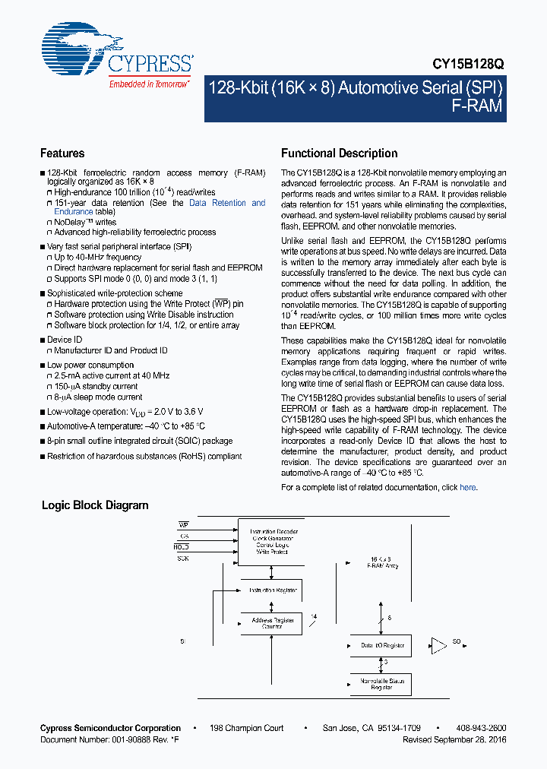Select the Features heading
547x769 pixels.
tap(62, 153)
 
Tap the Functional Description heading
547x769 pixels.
tap(339, 153)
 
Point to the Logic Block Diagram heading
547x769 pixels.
tap(95, 505)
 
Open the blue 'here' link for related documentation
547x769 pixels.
tap(468, 487)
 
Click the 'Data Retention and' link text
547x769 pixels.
tap(227, 203)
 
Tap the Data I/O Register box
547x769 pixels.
tap(383, 646)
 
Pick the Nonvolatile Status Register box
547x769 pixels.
tap(383, 684)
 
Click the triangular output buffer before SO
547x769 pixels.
tap(438, 646)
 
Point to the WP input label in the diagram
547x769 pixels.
tap(183, 524)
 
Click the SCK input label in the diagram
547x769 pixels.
tap(183, 558)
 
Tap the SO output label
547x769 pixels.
tap(457, 642)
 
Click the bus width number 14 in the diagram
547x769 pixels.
tap(313, 616)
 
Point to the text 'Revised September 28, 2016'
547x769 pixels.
tap(454, 739)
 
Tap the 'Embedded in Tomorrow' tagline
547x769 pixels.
tap(150, 84)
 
